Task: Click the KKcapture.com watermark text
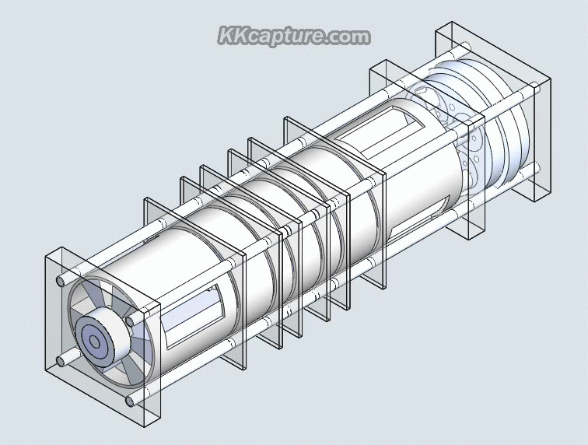coord(293,37)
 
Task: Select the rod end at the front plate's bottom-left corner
coord(61,363)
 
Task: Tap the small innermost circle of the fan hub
coord(94,341)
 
